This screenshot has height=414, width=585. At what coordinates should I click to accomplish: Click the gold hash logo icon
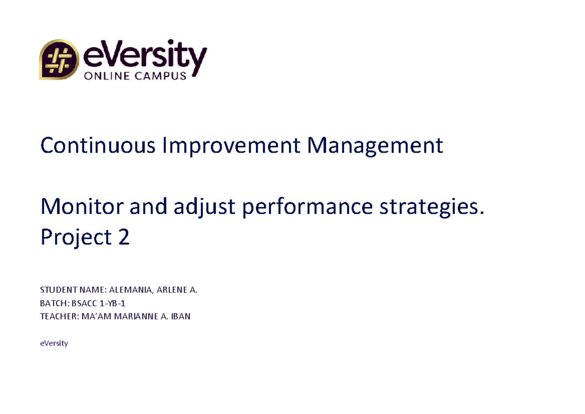59,59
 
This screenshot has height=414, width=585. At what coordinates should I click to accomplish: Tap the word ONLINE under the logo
107,76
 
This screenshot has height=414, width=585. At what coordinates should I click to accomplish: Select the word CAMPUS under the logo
160,76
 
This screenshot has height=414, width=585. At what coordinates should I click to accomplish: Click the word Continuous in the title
98,145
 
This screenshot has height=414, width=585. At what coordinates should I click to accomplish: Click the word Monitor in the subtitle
82,206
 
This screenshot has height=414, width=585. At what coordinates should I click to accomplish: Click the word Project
76,237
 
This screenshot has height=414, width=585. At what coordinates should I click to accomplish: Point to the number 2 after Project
124,237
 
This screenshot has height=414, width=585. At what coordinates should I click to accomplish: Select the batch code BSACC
84,303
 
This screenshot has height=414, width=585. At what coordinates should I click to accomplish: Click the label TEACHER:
59,316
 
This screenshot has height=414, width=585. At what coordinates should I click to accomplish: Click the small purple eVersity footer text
54,343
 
